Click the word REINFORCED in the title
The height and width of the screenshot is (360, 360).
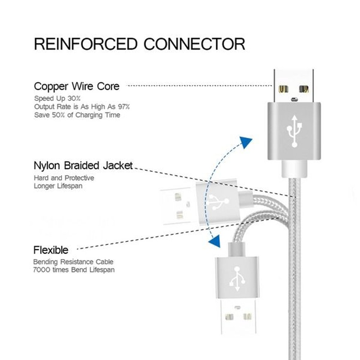click(x=86, y=44)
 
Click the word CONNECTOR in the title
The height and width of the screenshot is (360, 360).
click(x=194, y=44)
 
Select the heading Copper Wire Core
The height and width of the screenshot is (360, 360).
click(x=76, y=86)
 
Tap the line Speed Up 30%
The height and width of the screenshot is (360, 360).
click(x=58, y=98)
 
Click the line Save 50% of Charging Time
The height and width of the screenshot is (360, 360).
click(x=77, y=115)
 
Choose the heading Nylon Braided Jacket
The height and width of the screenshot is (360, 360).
click(x=83, y=166)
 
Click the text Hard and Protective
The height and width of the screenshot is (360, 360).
click(x=64, y=178)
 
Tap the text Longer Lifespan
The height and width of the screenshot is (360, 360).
click(x=58, y=186)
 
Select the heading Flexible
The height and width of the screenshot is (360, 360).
click(x=51, y=250)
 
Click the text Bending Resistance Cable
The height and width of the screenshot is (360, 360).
click(x=73, y=262)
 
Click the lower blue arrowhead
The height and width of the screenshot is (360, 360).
click(x=215, y=242)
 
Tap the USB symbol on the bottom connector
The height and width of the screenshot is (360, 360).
click(x=237, y=279)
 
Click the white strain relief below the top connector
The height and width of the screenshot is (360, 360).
click(x=294, y=168)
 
